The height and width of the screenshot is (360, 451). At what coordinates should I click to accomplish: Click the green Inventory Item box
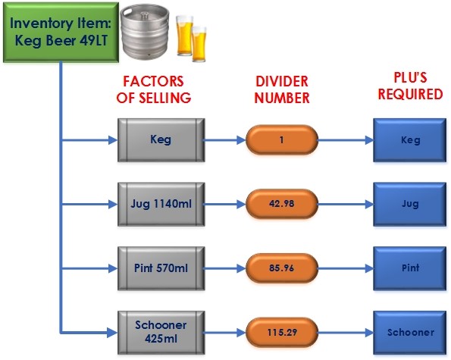[x=61, y=32]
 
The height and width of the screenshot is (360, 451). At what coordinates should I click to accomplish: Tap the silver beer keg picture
[x=145, y=33]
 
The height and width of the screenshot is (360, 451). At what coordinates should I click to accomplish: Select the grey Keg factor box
[x=161, y=140]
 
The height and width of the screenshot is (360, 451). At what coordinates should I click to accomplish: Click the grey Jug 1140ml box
[x=161, y=204]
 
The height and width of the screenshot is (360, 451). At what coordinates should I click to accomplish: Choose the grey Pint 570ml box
[x=161, y=268]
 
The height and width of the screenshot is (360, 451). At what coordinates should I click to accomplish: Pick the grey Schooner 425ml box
[x=161, y=333]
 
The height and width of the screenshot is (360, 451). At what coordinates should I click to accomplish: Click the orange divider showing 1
[x=281, y=140]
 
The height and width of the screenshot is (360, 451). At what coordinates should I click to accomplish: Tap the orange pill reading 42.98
[x=281, y=204]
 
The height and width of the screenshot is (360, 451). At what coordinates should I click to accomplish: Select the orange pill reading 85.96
[x=281, y=268]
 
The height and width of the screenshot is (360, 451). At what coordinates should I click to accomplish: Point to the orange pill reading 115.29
[x=281, y=333]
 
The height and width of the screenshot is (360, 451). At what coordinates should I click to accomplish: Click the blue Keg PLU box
[x=410, y=140]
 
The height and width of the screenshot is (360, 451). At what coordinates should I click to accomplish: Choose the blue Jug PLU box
[x=410, y=204]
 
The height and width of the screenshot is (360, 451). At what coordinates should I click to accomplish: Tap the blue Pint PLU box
[x=410, y=268]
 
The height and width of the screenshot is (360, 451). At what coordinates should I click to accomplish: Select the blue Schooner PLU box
[x=410, y=333]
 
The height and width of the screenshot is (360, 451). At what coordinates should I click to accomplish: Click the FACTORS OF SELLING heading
[x=154, y=89]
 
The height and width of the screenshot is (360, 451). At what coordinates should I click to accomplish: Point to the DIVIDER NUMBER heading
[x=282, y=89]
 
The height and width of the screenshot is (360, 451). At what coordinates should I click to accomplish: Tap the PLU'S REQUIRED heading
[x=410, y=86]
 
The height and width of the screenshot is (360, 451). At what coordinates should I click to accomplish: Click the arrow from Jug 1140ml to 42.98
[x=224, y=204]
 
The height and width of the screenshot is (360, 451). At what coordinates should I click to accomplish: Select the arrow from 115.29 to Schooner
[x=346, y=333]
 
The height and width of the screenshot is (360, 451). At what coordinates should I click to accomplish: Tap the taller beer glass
[x=184, y=35]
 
